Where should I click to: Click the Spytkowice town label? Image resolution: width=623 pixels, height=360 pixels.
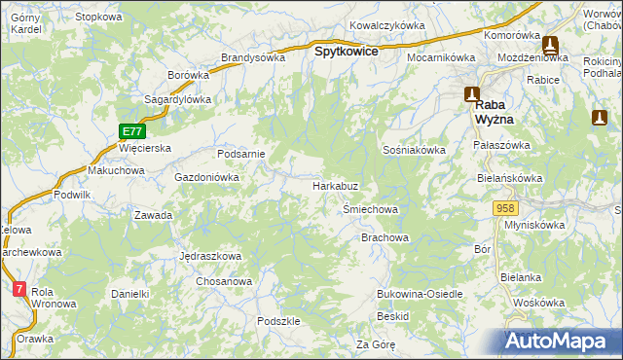coord(345,52)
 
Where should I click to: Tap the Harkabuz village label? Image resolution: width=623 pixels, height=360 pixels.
coord(337,185)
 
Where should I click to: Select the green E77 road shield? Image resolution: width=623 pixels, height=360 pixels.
coord(133,130)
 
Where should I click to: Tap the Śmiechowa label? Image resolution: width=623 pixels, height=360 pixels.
coord(371,209)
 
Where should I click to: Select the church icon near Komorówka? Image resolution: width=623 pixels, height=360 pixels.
coord(549,45)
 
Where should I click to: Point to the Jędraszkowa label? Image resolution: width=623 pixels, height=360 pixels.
coord(210,256)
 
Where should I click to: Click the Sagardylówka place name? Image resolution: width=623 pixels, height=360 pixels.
coord(178,99)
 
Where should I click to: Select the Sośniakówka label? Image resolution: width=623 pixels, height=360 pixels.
coord(414,150)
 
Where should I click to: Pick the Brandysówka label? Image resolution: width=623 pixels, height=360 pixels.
coord(253,56)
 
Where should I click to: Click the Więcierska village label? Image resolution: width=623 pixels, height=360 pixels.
coord(144,148)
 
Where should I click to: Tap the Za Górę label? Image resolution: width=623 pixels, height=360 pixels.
coord(375,344)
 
